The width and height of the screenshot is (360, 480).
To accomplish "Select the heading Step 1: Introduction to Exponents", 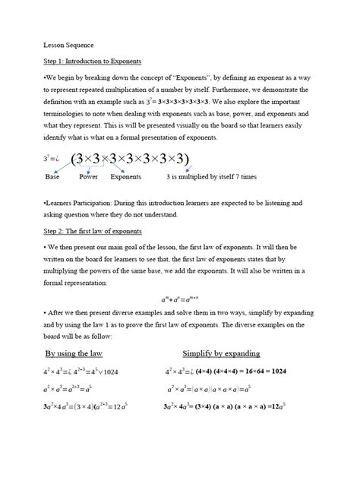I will [93, 61].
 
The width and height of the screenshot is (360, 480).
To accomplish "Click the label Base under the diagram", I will [52, 176].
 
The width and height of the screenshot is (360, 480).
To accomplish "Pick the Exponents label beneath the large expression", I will [125, 176].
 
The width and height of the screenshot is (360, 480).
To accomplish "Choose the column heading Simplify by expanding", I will [221, 353].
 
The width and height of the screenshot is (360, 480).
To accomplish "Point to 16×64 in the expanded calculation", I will [258, 372].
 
